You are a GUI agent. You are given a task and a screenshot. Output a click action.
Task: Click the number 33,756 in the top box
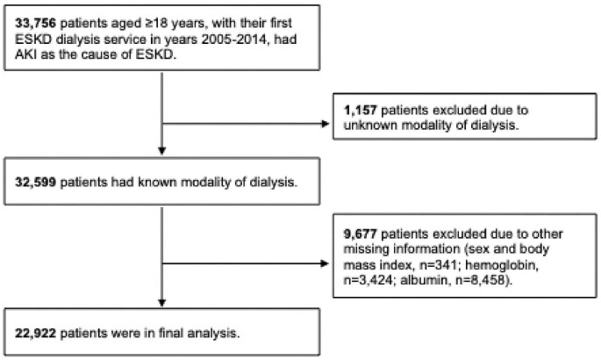pyautogui.click(x=32, y=17)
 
